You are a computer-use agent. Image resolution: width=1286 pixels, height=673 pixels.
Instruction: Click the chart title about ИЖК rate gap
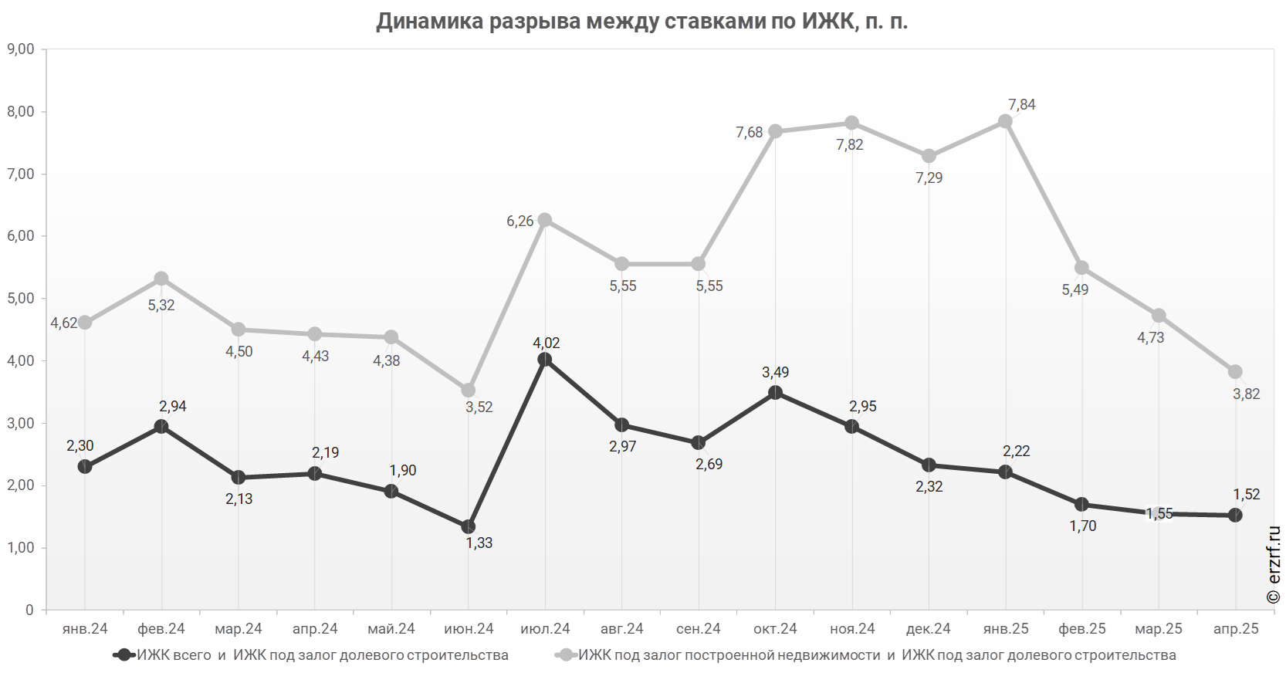642,22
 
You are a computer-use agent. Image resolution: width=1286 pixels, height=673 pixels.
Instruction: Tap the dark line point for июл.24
545,360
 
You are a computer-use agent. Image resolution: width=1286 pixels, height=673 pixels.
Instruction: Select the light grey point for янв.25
1005,122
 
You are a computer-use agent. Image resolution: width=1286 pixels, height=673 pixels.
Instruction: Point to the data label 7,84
1021,105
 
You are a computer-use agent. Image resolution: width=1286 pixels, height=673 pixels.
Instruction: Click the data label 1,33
479,543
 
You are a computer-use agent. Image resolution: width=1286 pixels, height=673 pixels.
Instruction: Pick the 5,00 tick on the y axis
21,299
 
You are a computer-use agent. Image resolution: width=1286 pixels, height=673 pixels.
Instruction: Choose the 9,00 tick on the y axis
21,49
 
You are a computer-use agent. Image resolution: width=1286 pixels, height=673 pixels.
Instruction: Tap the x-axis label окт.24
775,629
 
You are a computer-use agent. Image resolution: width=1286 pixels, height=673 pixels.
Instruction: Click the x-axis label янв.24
85,629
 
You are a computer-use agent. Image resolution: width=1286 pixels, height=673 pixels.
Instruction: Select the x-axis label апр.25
1235,629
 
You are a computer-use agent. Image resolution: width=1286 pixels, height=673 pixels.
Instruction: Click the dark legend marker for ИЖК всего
124,655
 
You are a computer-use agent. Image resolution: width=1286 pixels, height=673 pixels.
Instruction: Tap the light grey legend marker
567,655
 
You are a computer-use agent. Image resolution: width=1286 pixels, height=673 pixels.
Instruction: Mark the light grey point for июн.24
469,391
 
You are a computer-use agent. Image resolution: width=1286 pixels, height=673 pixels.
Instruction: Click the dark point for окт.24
775,393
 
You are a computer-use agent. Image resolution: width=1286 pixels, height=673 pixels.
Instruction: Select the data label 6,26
519,222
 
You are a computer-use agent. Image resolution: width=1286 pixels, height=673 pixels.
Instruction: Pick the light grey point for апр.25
1235,372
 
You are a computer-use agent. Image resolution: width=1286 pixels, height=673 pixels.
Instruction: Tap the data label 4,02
547,343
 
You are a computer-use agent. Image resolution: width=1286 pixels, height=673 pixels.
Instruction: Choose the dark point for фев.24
161,427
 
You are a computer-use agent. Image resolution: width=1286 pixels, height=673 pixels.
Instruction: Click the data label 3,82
1246,394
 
